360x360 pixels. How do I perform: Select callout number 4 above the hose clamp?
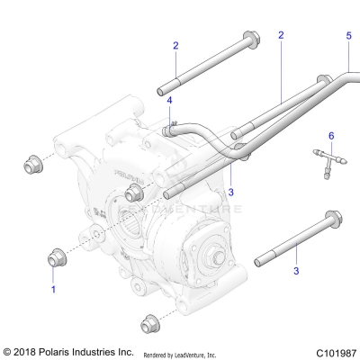pos(168,102)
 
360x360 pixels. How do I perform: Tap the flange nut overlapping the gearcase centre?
pos(135,192)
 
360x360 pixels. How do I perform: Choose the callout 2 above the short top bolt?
pos(175,45)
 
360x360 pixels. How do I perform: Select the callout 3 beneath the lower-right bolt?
pos(296,269)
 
